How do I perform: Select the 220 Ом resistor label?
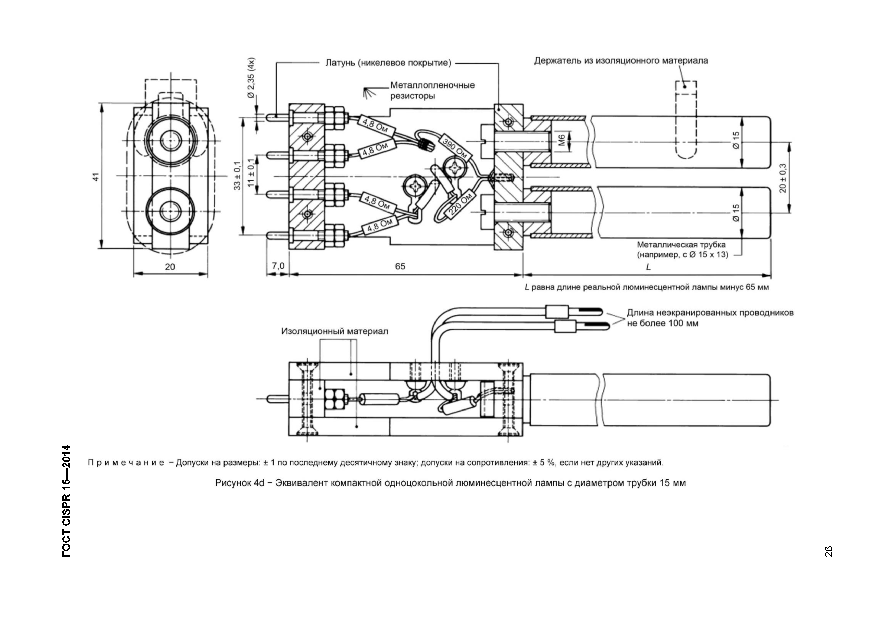[461, 203]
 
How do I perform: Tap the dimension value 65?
[400, 266]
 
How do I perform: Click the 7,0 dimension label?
[278, 266]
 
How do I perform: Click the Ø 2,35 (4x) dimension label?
[251, 78]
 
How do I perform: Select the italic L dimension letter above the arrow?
[648, 267]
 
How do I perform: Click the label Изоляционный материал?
[335, 331]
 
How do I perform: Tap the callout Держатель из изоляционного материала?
[621, 61]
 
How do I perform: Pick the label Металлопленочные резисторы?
[432, 90]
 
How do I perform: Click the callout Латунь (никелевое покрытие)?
[388, 63]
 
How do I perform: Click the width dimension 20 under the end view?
[170, 267]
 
